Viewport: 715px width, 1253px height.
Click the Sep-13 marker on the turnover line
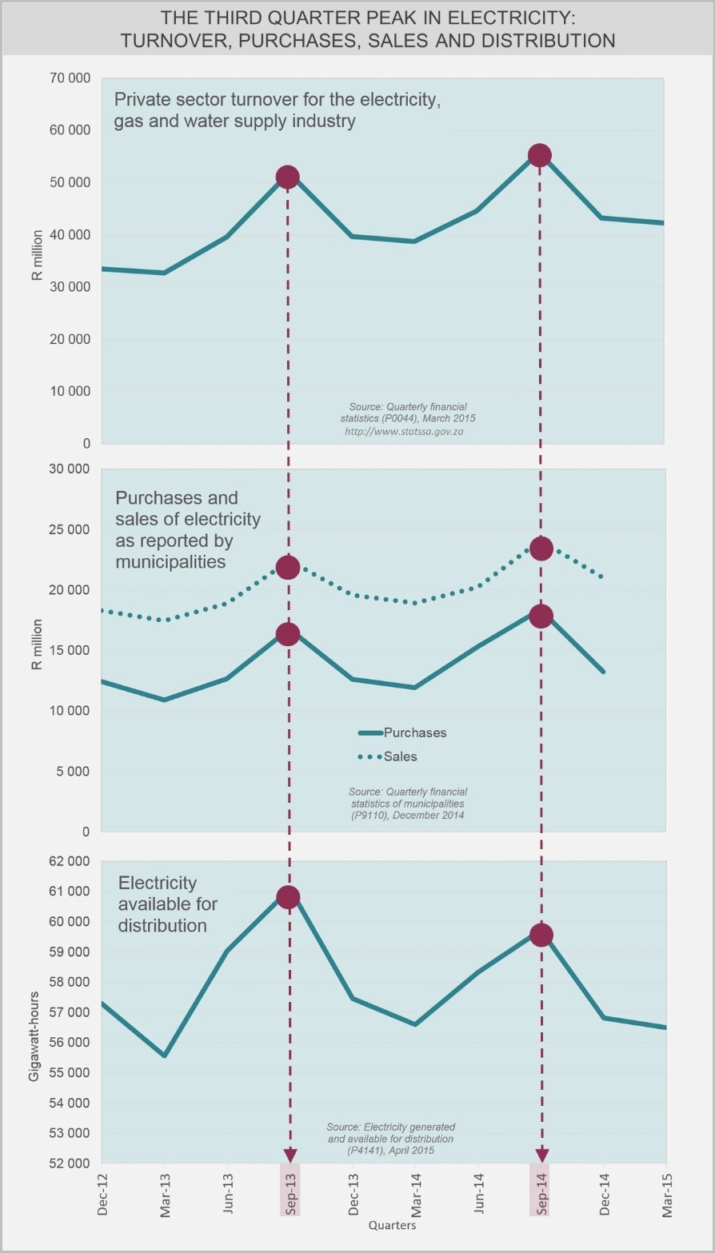pyautogui.click(x=287, y=177)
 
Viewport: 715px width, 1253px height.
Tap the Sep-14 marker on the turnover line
pyautogui.click(x=540, y=155)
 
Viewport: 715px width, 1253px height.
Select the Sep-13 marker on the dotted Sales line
pyautogui.click(x=288, y=567)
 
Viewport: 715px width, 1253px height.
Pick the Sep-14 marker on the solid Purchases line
pyautogui.click(x=541, y=616)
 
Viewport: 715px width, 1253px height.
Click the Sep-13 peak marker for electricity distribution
pyautogui.click(x=288, y=897)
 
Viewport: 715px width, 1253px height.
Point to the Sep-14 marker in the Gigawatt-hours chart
pyautogui.click(x=541, y=935)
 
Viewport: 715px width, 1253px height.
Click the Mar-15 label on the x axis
pyautogui.click(x=666, y=1195)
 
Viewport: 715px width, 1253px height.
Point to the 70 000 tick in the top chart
pyautogui.click(x=70, y=78)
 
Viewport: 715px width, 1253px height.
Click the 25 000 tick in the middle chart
pyautogui.click(x=70, y=529)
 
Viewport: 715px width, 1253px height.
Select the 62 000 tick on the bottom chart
pyautogui.click(x=70, y=861)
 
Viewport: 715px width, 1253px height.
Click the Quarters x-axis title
pyautogui.click(x=392, y=1225)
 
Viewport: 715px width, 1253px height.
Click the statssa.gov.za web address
pyautogui.click(x=404, y=431)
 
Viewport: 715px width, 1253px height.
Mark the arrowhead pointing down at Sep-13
pyautogui.click(x=290, y=1156)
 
